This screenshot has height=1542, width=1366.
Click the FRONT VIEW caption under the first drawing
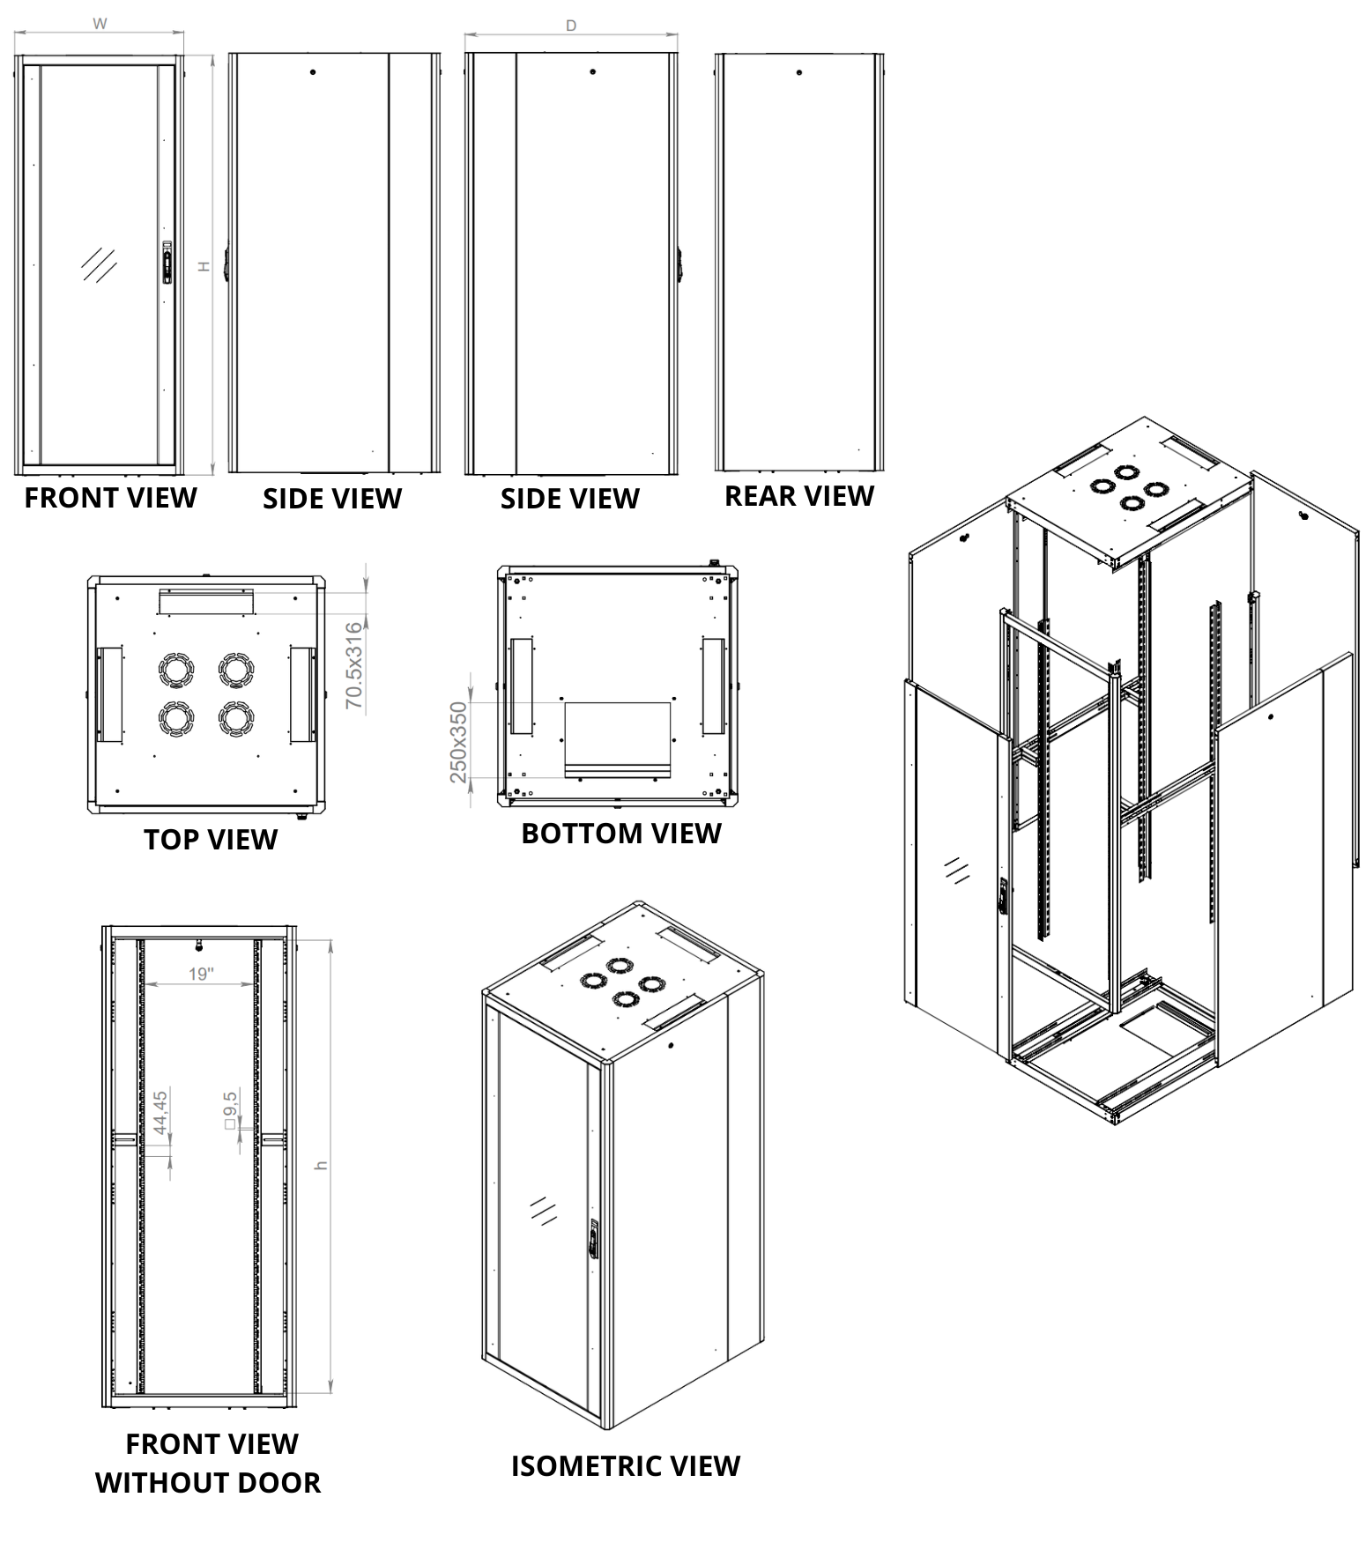tap(110, 498)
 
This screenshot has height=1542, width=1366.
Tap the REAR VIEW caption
tap(799, 496)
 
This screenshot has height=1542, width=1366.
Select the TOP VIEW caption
tap(211, 840)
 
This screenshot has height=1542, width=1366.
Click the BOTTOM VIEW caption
tap(621, 834)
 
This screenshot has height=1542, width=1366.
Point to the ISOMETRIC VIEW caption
tap(626, 1466)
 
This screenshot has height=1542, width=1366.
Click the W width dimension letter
tap(100, 24)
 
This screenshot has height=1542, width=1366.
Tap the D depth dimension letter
tap(571, 26)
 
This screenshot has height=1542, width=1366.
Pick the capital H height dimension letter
tap(204, 265)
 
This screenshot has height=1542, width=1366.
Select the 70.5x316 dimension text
tap(353, 665)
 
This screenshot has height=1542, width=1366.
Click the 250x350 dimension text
tap(458, 742)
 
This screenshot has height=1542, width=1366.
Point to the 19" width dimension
tap(201, 974)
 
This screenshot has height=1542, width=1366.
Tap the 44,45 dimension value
tap(160, 1113)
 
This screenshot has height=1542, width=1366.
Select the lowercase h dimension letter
tap(322, 1166)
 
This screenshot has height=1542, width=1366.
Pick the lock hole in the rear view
tap(799, 72)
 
